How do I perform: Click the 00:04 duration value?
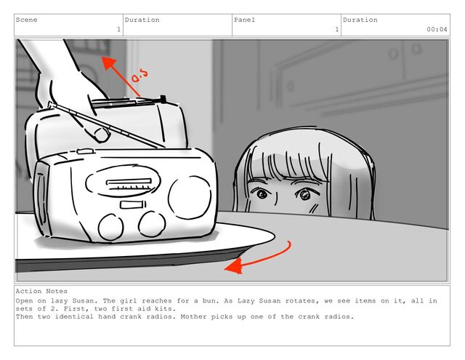pos(437,29)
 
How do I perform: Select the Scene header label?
pos(26,20)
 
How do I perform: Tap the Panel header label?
pos(244,20)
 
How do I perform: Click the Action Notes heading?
pos(41,291)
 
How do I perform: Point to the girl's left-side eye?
pos(262,194)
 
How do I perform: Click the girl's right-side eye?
pos(304,195)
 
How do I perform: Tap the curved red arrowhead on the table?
pos(234,265)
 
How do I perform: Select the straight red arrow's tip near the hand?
pos(102,57)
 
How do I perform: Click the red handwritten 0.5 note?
pos(139,76)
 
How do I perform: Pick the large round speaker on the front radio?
pos(190,197)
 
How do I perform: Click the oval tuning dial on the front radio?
pos(123,181)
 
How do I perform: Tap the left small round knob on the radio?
pos(110,227)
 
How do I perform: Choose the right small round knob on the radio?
pos(152,225)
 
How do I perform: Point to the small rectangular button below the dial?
pos(133,204)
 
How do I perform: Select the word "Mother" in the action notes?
pos(193,316)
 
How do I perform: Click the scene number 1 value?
pos(118,29)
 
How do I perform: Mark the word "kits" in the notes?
pos(163,308)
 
